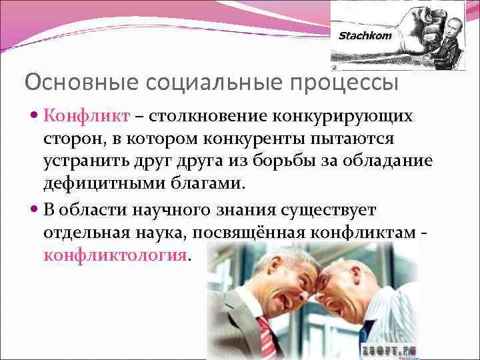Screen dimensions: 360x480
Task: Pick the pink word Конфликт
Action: tap(87, 117)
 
